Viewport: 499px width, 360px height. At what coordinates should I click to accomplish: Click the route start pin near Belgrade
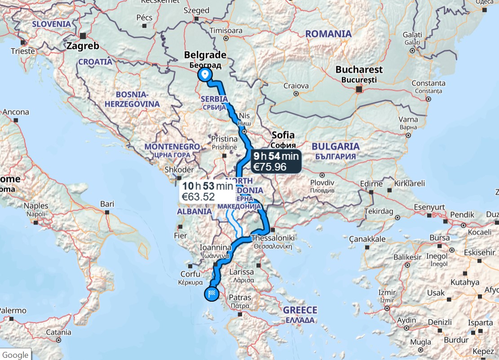coord(206,75)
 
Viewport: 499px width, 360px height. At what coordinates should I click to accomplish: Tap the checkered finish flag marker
coord(212,294)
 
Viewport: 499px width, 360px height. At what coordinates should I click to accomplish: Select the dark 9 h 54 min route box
coord(275,162)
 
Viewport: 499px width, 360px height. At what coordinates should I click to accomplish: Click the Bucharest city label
coord(359,70)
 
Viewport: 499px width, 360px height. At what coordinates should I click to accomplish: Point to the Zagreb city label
coord(82,46)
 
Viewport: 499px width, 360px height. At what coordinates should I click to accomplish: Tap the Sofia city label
coord(283,135)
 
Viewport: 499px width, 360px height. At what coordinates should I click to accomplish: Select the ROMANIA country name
coord(328,34)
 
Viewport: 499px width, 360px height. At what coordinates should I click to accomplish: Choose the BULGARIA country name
coord(336,146)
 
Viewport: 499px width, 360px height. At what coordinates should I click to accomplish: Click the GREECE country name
coord(300,310)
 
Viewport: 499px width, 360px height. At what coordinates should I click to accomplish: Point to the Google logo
coord(15,355)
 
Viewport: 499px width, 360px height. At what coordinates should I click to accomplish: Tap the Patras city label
coord(240,297)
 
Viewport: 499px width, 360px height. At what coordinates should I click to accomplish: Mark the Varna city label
coord(408,119)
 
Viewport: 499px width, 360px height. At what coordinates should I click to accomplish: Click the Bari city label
coord(107,204)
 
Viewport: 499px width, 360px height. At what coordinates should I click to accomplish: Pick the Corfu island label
coord(190,274)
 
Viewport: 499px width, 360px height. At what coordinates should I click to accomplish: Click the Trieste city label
coord(23,51)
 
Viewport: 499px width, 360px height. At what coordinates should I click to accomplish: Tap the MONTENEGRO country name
coord(172,147)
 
